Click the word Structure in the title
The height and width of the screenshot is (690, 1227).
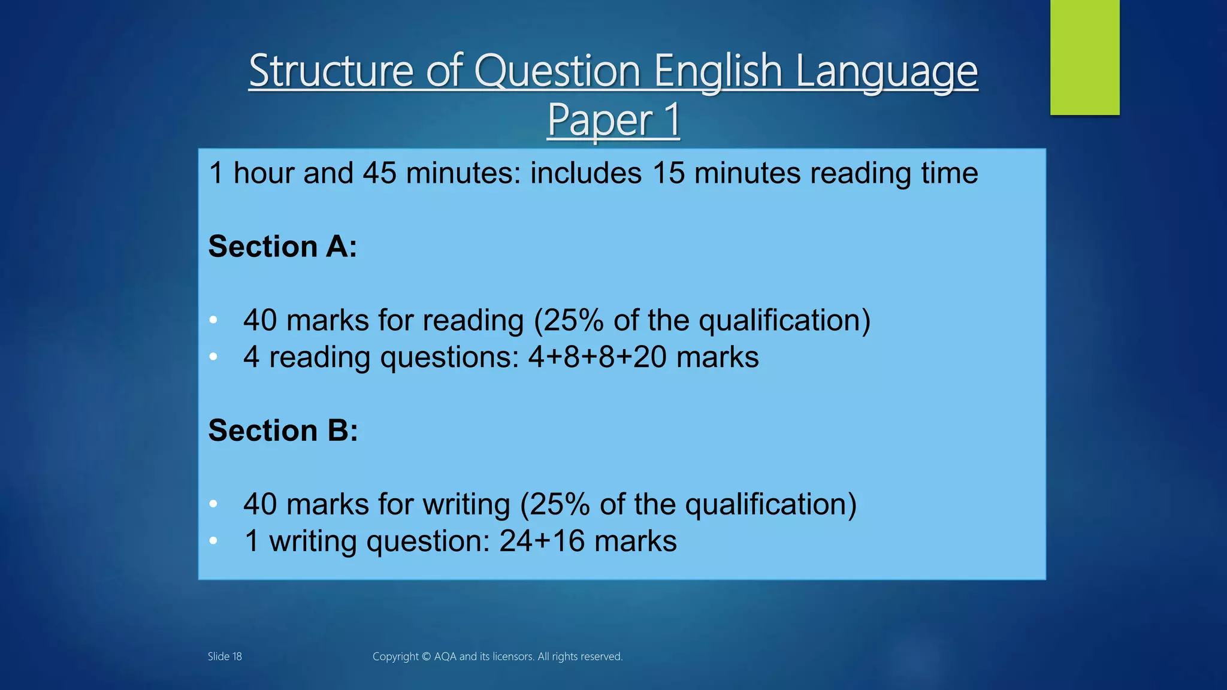[x=331, y=71]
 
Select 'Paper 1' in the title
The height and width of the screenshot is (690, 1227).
[x=613, y=120]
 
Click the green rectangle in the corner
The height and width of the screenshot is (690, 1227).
[x=1084, y=57]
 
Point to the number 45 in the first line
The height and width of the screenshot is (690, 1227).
[x=379, y=173]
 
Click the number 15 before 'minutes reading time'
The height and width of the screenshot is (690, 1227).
[x=668, y=173]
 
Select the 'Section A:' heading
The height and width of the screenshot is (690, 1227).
[x=282, y=247]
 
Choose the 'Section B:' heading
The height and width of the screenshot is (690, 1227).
[x=283, y=431]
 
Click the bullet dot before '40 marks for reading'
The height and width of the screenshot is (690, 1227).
[x=213, y=320]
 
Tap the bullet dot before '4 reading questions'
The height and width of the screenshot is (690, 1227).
[x=213, y=357]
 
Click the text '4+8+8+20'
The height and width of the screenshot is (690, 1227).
[x=597, y=357]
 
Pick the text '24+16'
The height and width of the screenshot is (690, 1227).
[x=542, y=541]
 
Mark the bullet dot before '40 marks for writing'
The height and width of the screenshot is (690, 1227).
[x=213, y=504]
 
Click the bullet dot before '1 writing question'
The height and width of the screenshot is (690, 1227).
[x=213, y=541]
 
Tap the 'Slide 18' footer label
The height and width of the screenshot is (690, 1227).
[x=225, y=656]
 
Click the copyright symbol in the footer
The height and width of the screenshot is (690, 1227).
[x=426, y=656]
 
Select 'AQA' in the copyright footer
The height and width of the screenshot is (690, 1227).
[x=445, y=656]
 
